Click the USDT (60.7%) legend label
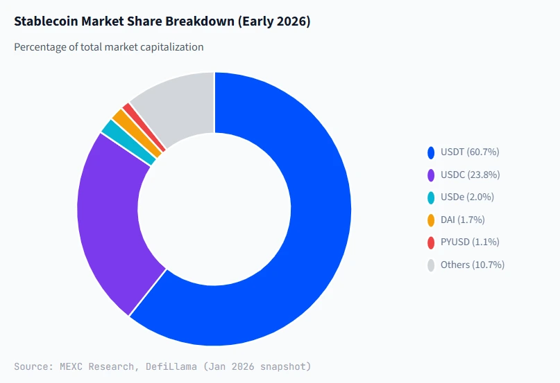pos(470,152)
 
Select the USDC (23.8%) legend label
pos(470,175)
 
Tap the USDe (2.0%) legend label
pos(467,197)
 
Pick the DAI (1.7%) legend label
pos(462,220)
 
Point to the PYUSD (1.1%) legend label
pos(470,242)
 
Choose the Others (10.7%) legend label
pos(472,265)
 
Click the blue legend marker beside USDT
pos(432,152)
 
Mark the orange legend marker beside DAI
pos(432,220)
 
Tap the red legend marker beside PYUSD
pos(432,242)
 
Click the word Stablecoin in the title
pos(45,21)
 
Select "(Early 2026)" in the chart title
pos(273,21)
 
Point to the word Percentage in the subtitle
pos(41,47)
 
